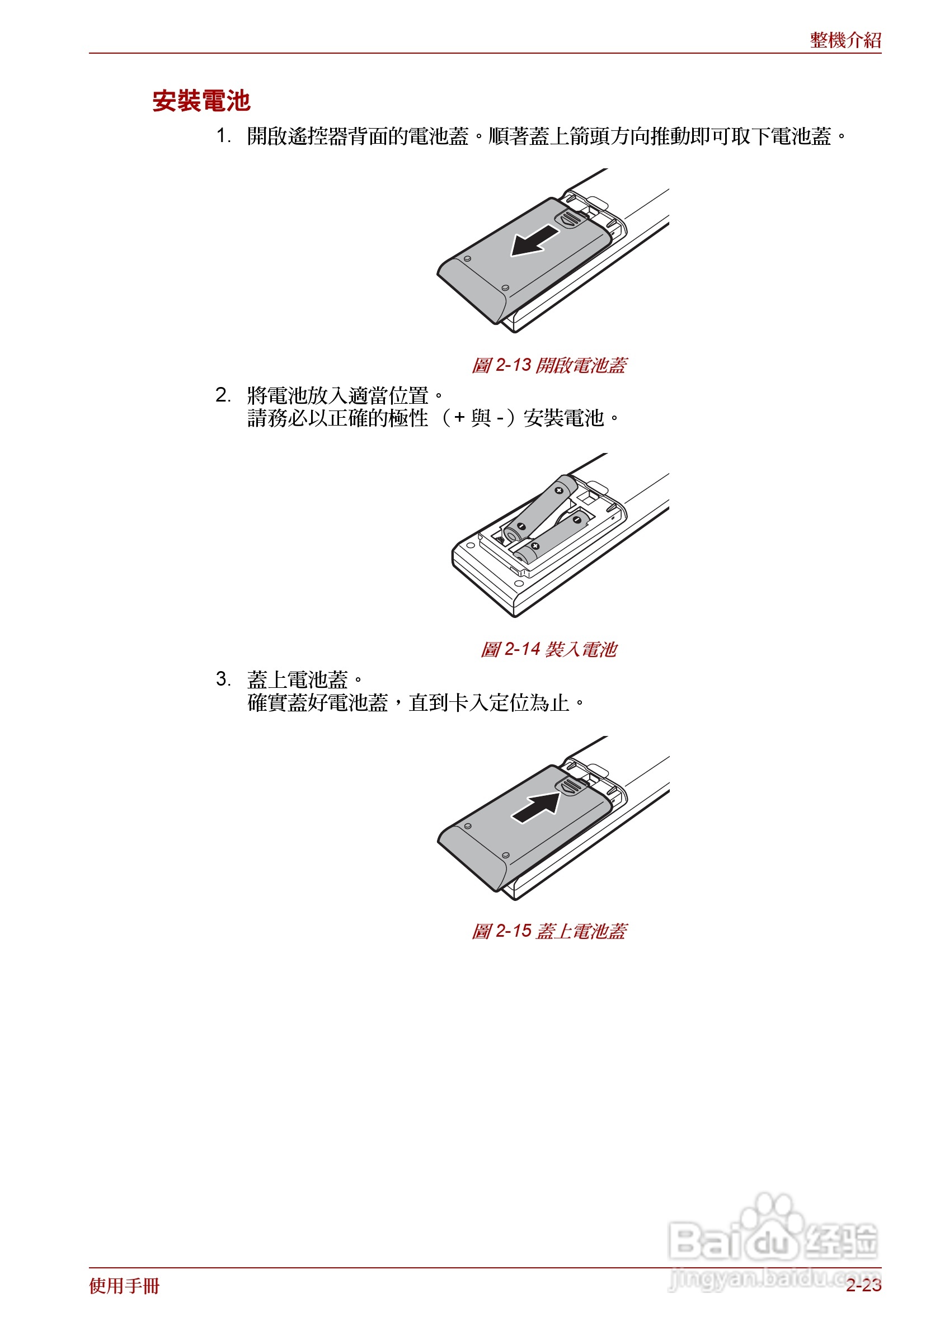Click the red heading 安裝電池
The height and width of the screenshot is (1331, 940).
tap(201, 101)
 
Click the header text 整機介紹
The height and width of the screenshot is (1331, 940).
tap(845, 40)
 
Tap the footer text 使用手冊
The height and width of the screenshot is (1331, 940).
tap(124, 1285)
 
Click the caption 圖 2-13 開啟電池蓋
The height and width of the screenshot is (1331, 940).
tap(548, 365)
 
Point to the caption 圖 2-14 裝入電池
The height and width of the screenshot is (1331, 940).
tap(548, 649)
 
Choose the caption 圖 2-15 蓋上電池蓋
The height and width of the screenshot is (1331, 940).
tap(548, 931)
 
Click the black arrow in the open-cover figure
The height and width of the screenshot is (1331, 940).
tap(534, 240)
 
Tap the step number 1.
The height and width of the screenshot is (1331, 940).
tap(223, 136)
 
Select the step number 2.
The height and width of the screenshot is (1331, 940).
tap(223, 395)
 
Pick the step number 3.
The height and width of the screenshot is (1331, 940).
tap(223, 679)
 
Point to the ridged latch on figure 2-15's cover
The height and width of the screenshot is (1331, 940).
tap(571, 787)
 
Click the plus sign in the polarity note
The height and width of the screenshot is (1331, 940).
tap(459, 418)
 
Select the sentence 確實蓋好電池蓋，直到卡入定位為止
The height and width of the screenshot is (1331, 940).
tap(415, 703)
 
